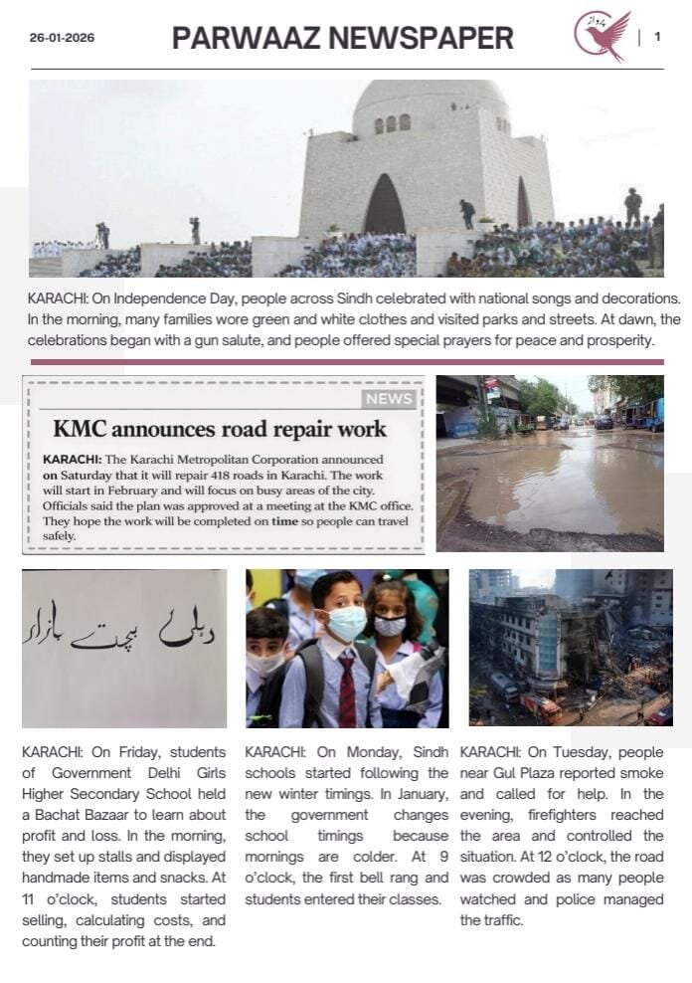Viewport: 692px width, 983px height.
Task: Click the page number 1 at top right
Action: click(657, 37)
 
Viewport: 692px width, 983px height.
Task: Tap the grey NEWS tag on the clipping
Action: click(389, 399)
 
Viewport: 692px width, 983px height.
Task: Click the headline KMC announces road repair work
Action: click(219, 430)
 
